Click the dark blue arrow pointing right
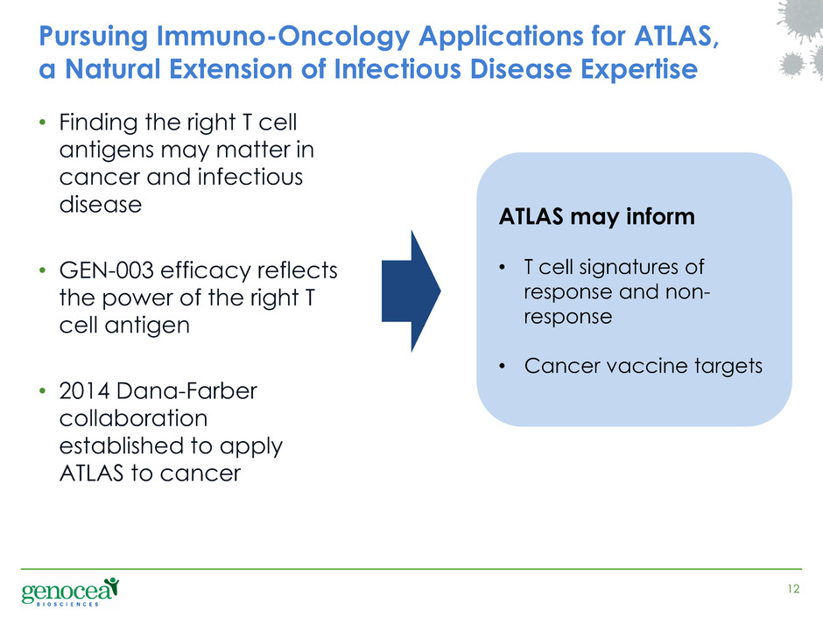click(x=411, y=291)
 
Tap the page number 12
click(x=793, y=589)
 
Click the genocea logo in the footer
click(x=70, y=592)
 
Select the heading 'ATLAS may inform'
click(x=597, y=217)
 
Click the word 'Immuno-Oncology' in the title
click(x=283, y=36)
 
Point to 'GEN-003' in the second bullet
click(x=107, y=270)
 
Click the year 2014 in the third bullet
click(x=85, y=391)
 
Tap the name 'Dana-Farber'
click(x=186, y=391)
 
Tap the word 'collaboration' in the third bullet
click(x=133, y=418)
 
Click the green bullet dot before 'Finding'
click(x=43, y=123)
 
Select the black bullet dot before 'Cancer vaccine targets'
click(x=503, y=366)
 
